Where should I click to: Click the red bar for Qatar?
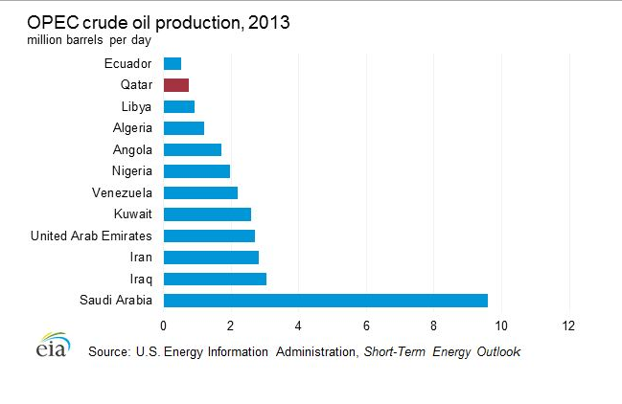176,85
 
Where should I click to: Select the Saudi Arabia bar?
326,301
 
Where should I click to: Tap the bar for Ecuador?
173,64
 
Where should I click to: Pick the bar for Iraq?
215,279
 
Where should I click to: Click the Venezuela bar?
200,192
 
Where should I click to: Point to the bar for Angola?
193,149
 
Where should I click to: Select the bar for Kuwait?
207,214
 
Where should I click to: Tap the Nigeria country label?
131,171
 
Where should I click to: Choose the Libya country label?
137,106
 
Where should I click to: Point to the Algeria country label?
132,128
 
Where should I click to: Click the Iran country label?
142,258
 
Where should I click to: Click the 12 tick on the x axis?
569,325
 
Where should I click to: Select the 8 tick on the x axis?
434,325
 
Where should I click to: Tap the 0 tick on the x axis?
164,325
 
